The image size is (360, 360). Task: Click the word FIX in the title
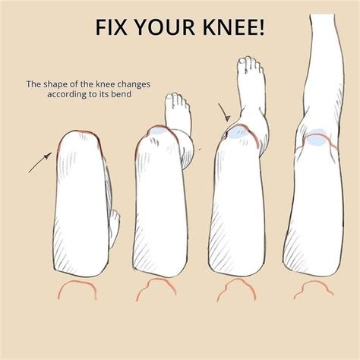tap(112, 29)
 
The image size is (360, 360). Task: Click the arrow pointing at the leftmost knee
tap(40, 161)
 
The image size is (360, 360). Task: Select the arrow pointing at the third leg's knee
tap(224, 114)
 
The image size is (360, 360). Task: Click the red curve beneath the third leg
tap(236, 289)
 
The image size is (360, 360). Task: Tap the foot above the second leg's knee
tap(175, 114)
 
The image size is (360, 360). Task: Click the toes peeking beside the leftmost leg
tap(114, 223)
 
